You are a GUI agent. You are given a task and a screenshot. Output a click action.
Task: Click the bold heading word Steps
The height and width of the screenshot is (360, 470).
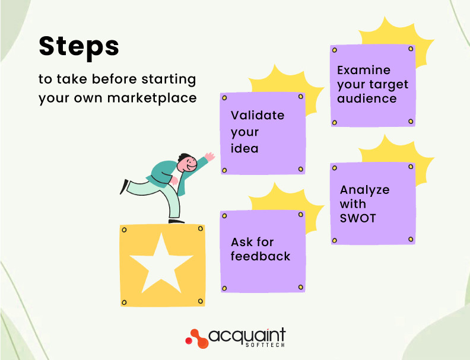[79, 47]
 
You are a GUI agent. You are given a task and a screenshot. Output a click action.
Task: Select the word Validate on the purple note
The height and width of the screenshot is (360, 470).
[258, 115]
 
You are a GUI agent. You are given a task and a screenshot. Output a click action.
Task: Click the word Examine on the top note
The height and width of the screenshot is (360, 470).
[364, 70]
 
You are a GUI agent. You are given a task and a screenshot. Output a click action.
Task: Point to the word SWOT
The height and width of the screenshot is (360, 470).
[358, 218]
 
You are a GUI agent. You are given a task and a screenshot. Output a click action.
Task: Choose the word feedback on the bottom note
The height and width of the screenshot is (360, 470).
[261, 257]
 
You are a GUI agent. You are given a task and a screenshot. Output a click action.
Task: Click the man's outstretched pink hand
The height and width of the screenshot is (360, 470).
[208, 158]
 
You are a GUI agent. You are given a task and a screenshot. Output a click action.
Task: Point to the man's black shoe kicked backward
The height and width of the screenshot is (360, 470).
[124, 187]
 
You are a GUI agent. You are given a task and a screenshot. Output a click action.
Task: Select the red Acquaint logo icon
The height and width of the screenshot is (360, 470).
[196, 338]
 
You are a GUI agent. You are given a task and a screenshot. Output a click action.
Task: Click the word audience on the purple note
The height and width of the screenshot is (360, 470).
[367, 98]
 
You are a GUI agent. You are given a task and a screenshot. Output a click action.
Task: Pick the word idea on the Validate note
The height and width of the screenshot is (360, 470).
[244, 148]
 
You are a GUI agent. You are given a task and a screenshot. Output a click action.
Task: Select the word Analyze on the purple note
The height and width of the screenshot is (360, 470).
[364, 190]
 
